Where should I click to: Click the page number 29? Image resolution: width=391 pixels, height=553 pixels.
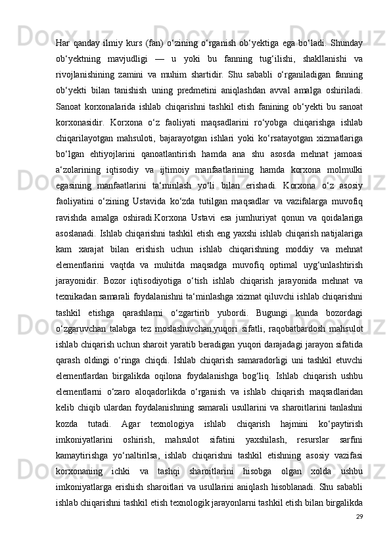[359, 535]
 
